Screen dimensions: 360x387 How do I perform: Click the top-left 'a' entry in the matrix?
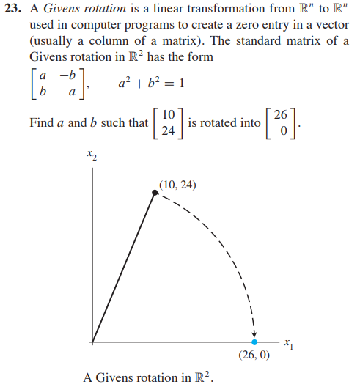tap(45, 75)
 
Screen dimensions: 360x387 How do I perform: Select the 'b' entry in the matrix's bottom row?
tap(45, 92)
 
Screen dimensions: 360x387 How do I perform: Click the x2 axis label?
tap(91, 155)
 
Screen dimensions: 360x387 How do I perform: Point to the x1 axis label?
tap(292, 343)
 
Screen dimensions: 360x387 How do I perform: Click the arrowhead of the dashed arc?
tap(254, 334)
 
